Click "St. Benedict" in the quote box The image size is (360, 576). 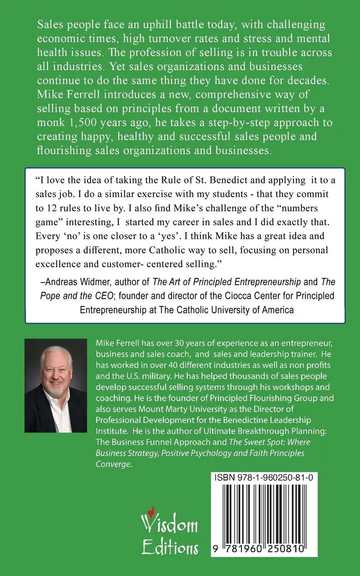pos(185,180)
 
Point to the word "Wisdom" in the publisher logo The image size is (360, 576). pos(170,525)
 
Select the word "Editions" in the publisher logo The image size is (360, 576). pos(170,548)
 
